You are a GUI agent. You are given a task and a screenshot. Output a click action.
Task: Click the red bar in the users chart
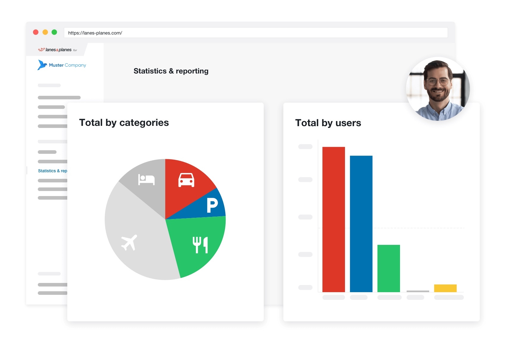[333, 219]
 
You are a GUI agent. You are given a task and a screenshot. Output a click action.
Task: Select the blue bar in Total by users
[361, 224]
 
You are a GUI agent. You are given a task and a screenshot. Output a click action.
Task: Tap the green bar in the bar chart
[388, 268]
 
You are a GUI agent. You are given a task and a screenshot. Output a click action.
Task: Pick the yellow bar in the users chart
[445, 288]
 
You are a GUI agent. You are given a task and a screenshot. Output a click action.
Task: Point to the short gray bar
[418, 291]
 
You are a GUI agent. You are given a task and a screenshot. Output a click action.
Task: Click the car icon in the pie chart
[186, 180]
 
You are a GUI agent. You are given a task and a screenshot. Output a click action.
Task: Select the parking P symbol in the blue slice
[212, 205]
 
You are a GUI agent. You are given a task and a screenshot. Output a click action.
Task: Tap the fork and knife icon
[200, 245]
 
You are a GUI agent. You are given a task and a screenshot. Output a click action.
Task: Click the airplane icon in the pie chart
[129, 242]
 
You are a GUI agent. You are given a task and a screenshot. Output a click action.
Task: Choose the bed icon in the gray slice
[146, 179]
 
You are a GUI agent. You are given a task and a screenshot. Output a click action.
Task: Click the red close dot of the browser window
[36, 32]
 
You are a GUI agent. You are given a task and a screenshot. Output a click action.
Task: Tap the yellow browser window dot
[45, 32]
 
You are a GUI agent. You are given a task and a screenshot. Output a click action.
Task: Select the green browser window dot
[54, 32]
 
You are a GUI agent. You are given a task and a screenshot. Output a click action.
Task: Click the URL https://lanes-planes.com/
[95, 33]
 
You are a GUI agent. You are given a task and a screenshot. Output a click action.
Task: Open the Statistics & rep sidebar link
[52, 171]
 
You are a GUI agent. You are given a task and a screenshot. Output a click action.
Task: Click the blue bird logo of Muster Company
[42, 65]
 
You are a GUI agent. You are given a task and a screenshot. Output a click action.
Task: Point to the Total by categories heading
[124, 123]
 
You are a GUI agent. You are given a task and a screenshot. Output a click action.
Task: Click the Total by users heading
[328, 123]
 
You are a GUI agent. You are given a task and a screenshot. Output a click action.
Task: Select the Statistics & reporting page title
[171, 71]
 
